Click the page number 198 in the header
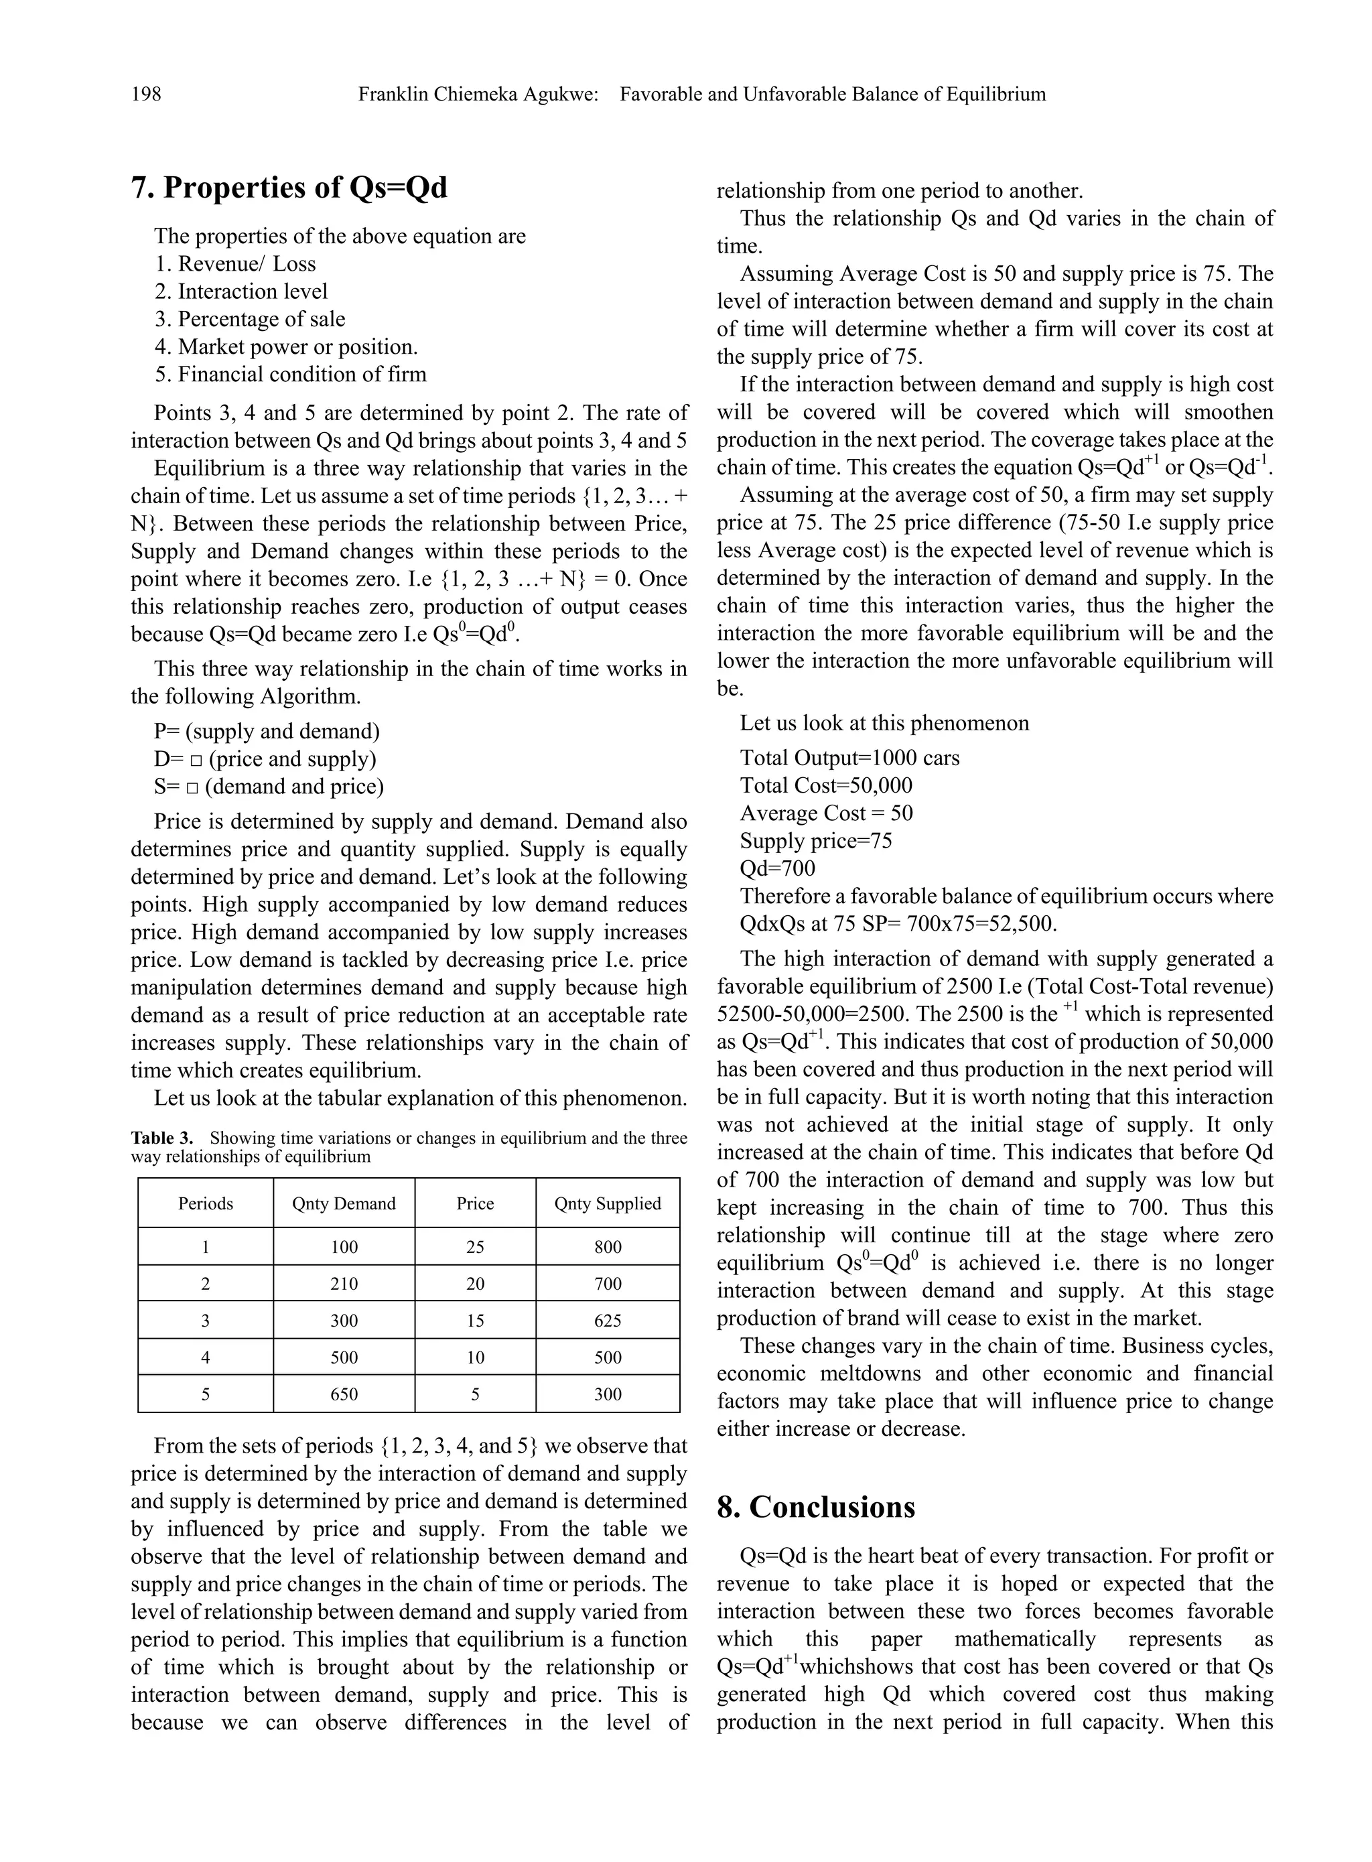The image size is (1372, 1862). pyautogui.click(x=146, y=94)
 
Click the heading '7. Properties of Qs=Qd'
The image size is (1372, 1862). pyautogui.click(x=289, y=188)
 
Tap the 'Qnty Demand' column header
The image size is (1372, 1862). pyautogui.click(x=344, y=1203)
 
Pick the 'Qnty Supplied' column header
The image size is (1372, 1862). pyautogui.click(x=607, y=1203)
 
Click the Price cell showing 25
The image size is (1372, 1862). pyautogui.click(x=475, y=1247)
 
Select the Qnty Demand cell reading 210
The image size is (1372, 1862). pyautogui.click(x=344, y=1284)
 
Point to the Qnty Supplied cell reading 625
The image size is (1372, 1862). pyautogui.click(x=607, y=1321)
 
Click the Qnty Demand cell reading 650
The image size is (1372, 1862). pyautogui.click(x=344, y=1394)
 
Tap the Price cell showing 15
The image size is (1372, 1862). pyautogui.click(x=475, y=1321)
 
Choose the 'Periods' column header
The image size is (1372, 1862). pyautogui.click(x=205, y=1203)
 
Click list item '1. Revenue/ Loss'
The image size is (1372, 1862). pyautogui.click(x=235, y=264)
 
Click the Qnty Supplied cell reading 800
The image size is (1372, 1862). pyautogui.click(x=607, y=1247)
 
